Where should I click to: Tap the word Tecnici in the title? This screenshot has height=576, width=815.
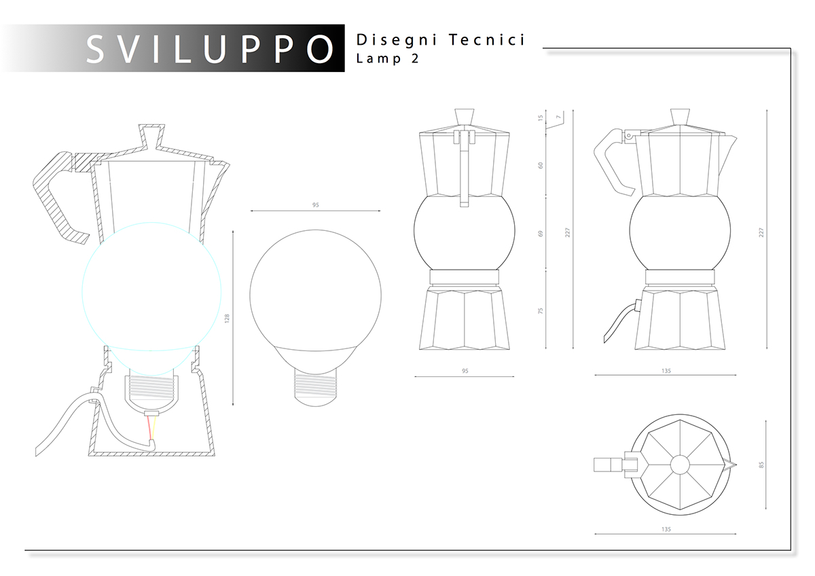coord(487,40)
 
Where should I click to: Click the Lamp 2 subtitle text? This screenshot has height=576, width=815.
coord(387,58)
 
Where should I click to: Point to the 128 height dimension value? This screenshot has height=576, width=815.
coord(228,317)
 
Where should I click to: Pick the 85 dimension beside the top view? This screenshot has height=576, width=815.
coord(762,465)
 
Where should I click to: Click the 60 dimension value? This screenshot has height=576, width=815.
coord(541,165)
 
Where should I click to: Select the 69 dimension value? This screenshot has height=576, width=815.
coord(541,234)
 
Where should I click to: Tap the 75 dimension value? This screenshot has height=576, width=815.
coord(541,310)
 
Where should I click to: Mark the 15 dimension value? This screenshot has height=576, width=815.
coord(541,118)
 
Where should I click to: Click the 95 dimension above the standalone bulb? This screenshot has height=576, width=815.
coord(315,204)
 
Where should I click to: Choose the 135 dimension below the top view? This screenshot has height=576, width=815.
coord(666,528)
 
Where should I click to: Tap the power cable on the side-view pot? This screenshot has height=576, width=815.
coord(617,322)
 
